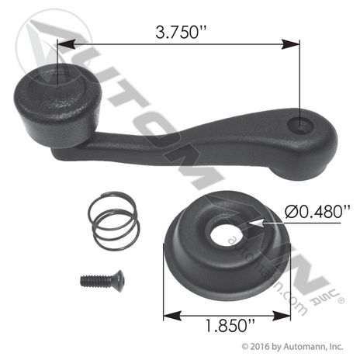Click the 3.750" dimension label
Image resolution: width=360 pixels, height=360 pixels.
point(181,33)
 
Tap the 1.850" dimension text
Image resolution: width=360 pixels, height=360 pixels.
point(230,325)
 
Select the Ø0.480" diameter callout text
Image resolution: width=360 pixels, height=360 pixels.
point(317,211)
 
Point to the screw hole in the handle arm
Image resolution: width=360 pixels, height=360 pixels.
point(300,125)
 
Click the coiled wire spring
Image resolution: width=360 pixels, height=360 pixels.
point(114,220)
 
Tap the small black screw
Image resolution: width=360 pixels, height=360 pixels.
point(102,281)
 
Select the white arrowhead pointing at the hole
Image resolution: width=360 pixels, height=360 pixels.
point(255,223)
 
